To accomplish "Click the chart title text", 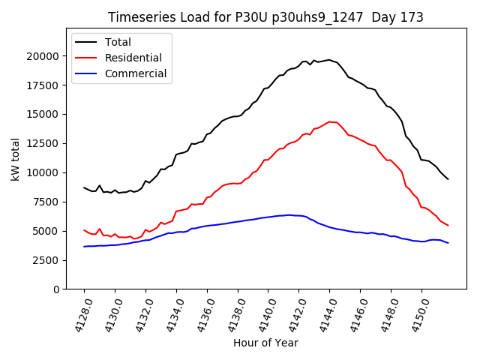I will click(x=265, y=17).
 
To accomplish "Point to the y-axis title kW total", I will click(x=16, y=159).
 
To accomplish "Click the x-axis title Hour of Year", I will click(x=265, y=343).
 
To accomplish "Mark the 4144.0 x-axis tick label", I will click(x=323, y=313).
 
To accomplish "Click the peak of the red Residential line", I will click(x=329, y=121).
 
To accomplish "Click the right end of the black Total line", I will click(x=448, y=178).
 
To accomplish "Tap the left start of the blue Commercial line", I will click(x=84, y=246).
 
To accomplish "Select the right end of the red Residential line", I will click(x=448, y=225).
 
